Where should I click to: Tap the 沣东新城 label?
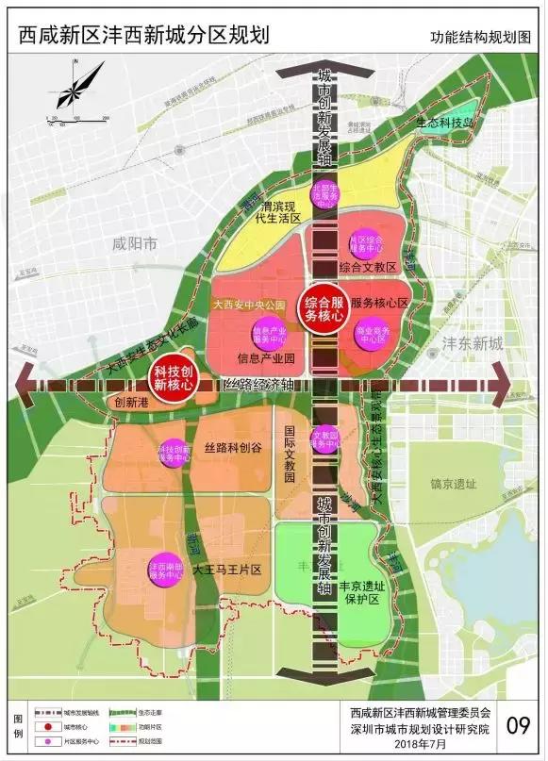coord(475,343)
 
